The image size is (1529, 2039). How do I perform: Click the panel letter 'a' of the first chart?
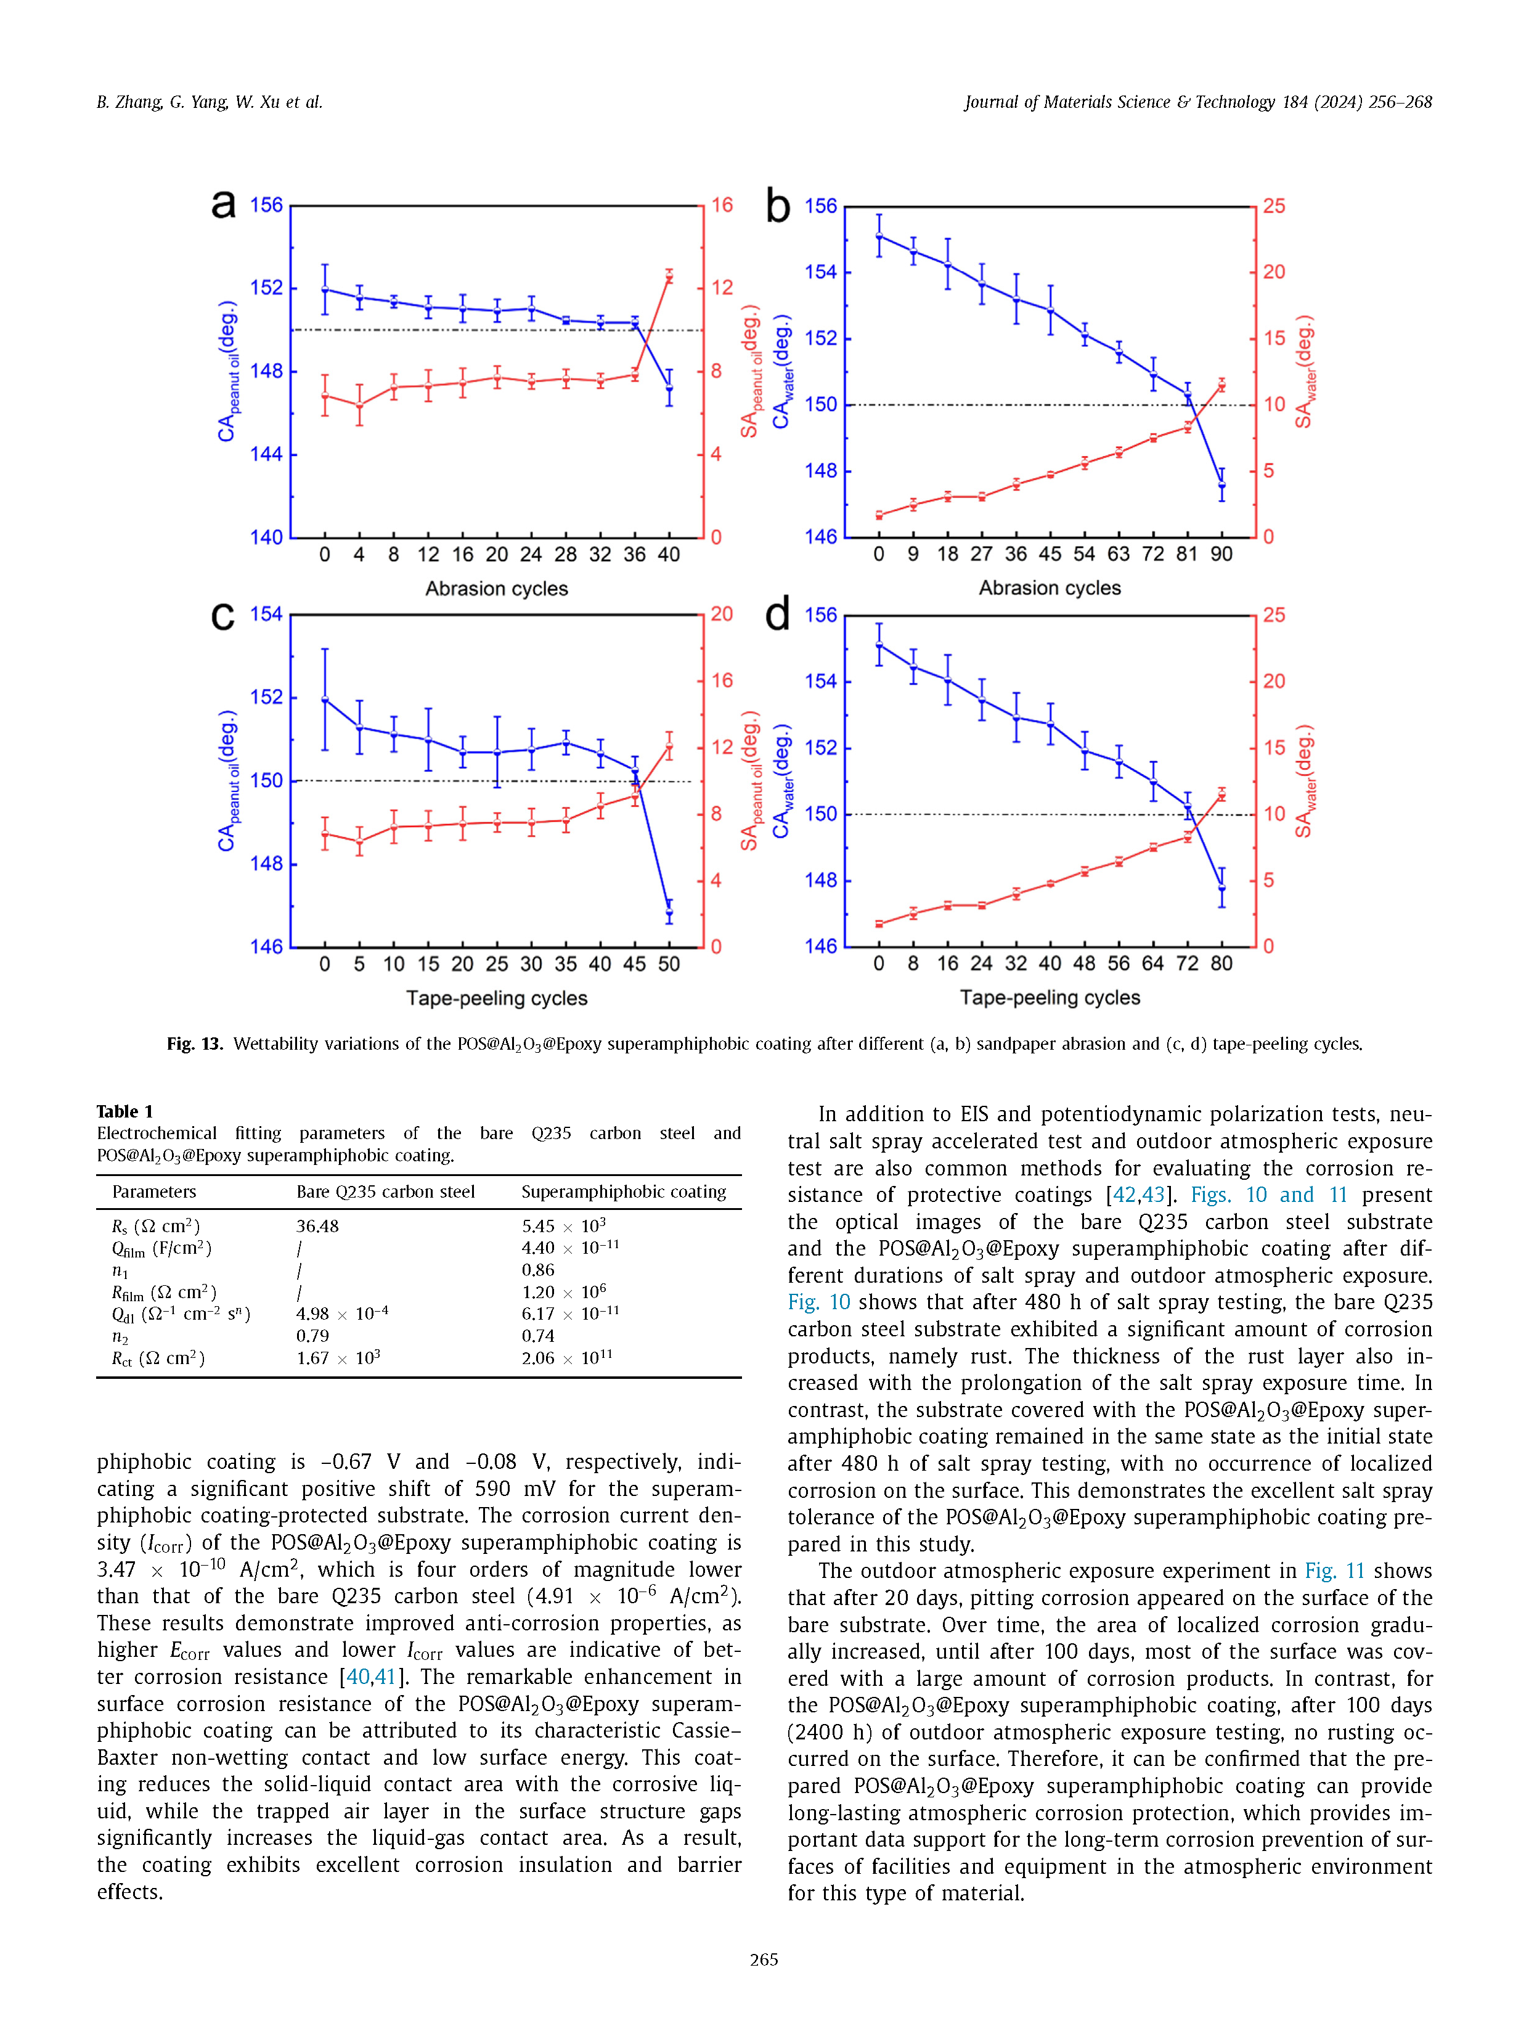(x=223, y=205)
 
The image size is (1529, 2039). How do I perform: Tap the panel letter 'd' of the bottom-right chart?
(x=778, y=614)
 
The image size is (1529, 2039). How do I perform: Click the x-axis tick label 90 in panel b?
(x=1221, y=555)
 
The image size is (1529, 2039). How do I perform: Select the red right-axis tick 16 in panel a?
(x=722, y=205)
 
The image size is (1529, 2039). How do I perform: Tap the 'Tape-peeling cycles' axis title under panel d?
(x=1050, y=997)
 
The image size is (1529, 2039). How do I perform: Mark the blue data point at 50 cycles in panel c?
(x=669, y=913)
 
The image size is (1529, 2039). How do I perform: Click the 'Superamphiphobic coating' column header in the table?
(x=623, y=1192)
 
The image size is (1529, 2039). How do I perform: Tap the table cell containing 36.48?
(x=317, y=1226)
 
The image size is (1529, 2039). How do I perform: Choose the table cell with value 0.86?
(x=538, y=1270)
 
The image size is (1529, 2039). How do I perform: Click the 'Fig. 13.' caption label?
(x=195, y=1044)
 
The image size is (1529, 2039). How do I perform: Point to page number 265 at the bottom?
(x=764, y=1959)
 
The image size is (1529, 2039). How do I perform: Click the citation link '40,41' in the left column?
(x=372, y=1677)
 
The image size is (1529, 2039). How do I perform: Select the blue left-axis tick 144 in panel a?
(x=266, y=454)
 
